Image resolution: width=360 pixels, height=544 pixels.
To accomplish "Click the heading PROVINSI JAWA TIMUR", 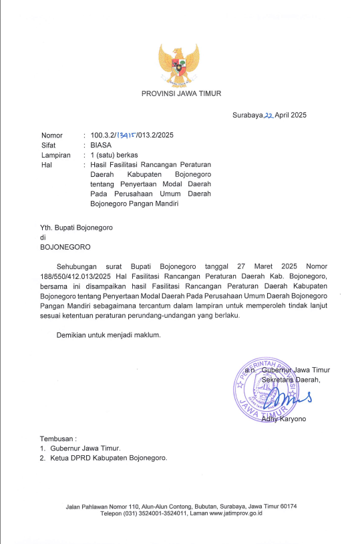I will [181, 93].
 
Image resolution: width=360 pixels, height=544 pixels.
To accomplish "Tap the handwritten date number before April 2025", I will [270, 115].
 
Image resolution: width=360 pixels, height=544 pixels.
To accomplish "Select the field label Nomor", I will [51, 135].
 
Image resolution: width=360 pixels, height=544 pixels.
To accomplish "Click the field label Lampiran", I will [55, 155].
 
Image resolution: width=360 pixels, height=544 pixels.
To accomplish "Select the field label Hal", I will [46, 164].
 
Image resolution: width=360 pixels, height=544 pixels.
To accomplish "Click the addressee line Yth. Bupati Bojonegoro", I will [76, 227].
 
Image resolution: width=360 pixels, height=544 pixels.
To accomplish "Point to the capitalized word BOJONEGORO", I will [65, 246].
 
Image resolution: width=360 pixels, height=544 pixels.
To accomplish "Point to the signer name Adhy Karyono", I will [286, 419].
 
